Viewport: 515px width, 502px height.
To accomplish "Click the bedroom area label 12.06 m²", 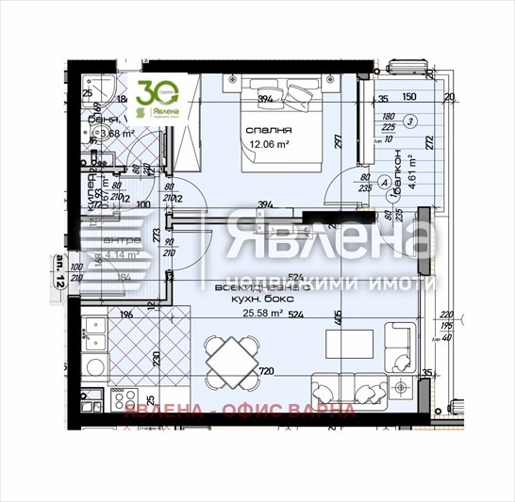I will tap(269, 145).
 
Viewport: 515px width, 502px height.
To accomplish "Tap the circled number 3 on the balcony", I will tap(410, 121).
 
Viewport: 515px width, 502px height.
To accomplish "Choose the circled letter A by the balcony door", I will tap(384, 182).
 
